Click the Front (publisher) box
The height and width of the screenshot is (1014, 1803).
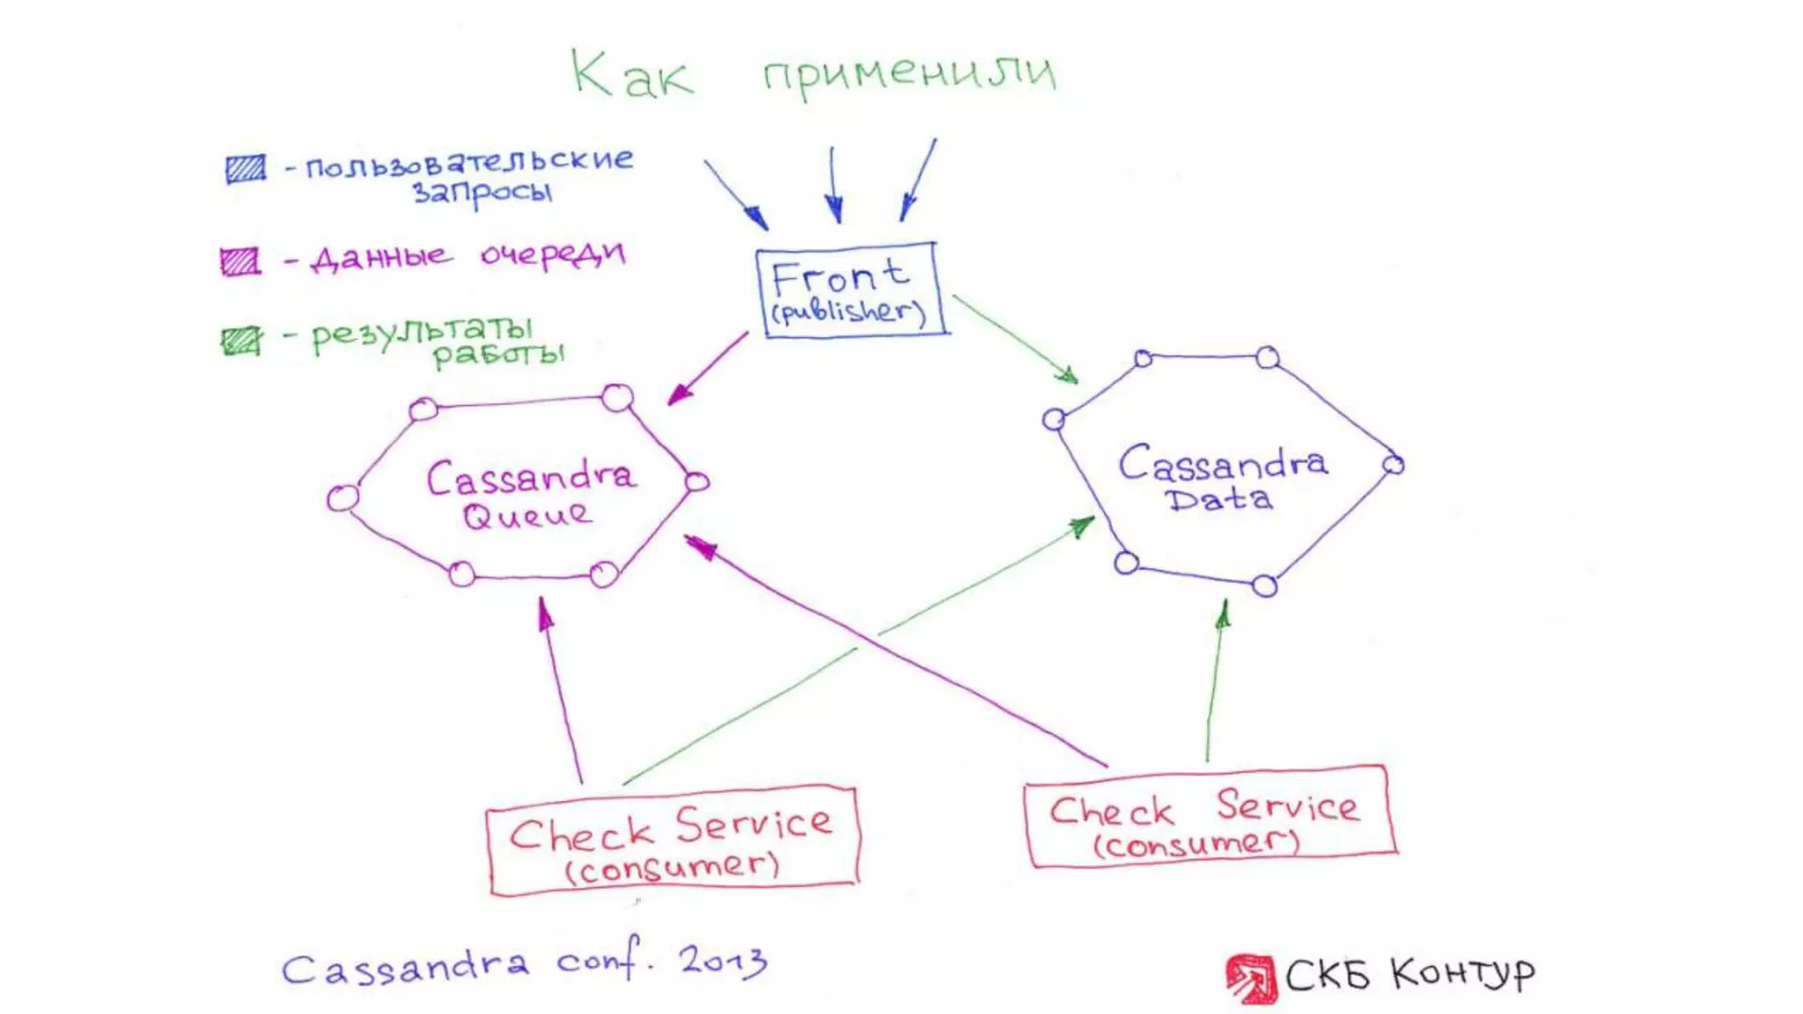[x=850, y=290]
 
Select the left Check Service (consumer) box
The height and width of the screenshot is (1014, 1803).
[x=671, y=841]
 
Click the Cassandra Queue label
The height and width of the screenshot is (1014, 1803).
[x=528, y=495]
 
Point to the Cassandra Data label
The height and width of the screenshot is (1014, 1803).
[x=1222, y=479]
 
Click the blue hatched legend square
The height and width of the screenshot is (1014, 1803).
[x=245, y=168]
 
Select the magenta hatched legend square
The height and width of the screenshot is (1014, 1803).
[x=239, y=261]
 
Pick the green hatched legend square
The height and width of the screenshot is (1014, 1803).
[x=240, y=341]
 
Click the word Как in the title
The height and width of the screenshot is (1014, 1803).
[x=630, y=74]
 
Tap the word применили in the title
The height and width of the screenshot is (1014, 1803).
[x=909, y=72]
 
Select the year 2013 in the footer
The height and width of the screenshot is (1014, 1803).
[x=722, y=960]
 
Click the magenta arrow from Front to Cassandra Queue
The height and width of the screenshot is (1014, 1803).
[x=709, y=368]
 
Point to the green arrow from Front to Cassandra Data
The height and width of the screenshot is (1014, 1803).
[x=1014, y=338]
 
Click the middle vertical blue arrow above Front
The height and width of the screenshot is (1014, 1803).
[x=833, y=185]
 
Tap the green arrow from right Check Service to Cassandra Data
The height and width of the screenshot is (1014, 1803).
[x=1215, y=682]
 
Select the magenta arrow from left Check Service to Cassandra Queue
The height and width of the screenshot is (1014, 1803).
[x=562, y=691]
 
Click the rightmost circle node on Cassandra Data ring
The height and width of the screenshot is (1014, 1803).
[x=1393, y=465]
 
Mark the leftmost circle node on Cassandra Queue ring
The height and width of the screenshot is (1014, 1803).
[x=342, y=499]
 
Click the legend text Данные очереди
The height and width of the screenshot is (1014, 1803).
[x=467, y=257]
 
